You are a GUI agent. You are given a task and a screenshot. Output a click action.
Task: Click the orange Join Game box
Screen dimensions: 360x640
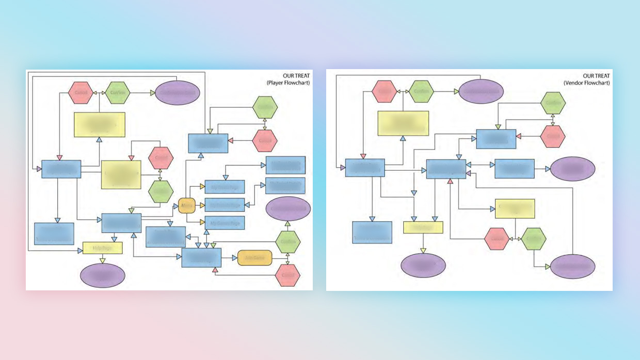click(x=255, y=257)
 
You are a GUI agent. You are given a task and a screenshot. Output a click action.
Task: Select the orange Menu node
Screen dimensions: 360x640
click(x=186, y=206)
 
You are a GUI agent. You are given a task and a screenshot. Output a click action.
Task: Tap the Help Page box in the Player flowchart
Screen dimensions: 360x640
click(x=102, y=248)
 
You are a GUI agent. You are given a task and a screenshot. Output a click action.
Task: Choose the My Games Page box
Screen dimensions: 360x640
click(x=225, y=223)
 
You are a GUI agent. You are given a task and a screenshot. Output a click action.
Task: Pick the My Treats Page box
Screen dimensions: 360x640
click(x=225, y=187)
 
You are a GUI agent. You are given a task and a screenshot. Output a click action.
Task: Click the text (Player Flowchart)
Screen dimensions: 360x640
click(x=286, y=83)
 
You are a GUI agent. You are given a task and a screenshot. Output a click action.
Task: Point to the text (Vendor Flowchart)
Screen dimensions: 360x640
click(x=587, y=83)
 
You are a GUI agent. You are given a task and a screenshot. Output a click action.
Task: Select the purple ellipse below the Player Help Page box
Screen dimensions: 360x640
click(x=103, y=275)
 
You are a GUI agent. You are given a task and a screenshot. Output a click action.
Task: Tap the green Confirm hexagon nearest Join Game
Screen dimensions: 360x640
click(x=287, y=241)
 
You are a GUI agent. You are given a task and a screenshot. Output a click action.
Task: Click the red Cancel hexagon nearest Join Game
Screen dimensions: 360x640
click(x=287, y=275)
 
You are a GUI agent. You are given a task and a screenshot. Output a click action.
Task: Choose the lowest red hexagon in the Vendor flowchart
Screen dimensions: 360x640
click(x=497, y=239)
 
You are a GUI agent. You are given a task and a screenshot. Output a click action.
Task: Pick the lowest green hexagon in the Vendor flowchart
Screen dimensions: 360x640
click(x=533, y=239)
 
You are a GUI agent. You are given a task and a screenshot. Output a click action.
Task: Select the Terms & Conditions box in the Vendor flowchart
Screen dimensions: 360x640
click(x=372, y=232)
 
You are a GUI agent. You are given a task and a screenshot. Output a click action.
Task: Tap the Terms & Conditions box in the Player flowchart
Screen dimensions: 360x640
click(x=54, y=234)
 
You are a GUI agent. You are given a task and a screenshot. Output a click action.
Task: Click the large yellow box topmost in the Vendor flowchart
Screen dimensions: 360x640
click(x=403, y=123)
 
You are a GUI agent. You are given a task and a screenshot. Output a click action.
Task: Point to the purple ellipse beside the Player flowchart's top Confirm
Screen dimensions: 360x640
click(x=177, y=93)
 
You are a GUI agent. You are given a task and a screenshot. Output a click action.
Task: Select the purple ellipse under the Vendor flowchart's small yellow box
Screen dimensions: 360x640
click(x=423, y=266)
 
